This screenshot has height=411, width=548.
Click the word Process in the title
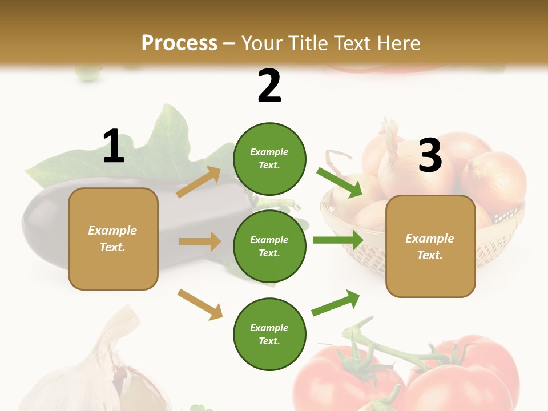(179, 43)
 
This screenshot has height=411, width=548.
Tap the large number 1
(114, 146)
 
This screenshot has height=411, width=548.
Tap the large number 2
(269, 86)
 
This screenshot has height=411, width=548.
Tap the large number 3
(430, 156)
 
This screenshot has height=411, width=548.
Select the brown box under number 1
(113, 239)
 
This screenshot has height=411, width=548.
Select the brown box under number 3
(430, 246)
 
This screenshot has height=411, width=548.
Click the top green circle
(269, 159)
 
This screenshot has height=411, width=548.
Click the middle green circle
(269, 246)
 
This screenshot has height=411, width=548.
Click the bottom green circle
(269, 334)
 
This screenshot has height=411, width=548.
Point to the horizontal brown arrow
(200, 241)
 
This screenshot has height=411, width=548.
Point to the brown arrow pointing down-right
(200, 304)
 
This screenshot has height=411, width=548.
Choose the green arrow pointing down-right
(339, 182)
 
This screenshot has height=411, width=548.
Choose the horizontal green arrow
(337, 240)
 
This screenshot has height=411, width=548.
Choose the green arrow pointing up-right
(336, 303)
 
